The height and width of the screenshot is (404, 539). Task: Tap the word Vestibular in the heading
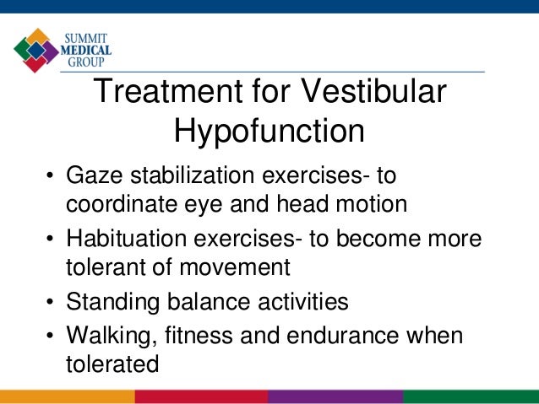tap(372, 93)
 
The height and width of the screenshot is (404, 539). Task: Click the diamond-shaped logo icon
tap(36, 50)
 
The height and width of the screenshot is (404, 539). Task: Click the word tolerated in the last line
tap(112, 364)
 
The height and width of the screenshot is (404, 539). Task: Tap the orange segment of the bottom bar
tap(67, 396)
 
